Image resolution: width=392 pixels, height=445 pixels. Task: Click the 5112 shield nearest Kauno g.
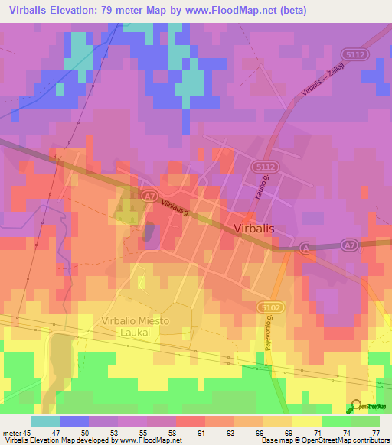coord(265,166)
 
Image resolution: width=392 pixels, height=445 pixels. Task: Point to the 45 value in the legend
coord(29,431)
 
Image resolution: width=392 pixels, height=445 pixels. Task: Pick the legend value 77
coord(375,431)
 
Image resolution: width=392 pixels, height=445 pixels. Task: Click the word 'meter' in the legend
coord(11,431)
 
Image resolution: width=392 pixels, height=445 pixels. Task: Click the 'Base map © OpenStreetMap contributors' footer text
coord(325,440)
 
